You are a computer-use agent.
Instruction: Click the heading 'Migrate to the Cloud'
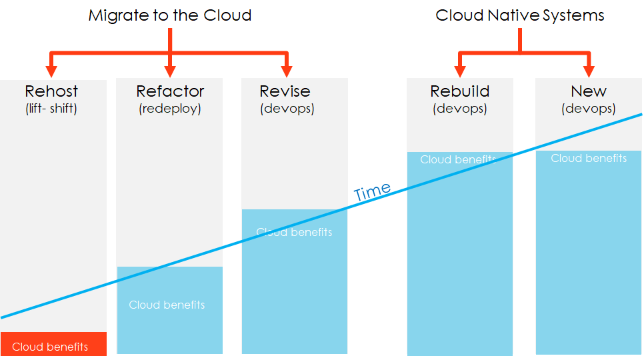[x=169, y=15]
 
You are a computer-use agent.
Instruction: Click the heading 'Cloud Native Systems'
[x=519, y=15]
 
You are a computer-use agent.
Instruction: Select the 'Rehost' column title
[x=51, y=91]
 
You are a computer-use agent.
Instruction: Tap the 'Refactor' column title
[x=170, y=91]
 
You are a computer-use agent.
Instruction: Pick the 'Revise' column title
[x=285, y=91]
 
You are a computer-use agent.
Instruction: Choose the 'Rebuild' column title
[x=459, y=91]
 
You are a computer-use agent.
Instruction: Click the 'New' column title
[x=589, y=91]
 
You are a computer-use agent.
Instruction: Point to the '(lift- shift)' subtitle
[x=51, y=108]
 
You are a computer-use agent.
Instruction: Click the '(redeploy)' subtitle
[x=170, y=109]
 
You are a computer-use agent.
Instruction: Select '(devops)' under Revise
[x=287, y=109]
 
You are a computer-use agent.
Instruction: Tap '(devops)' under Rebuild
[x=459, y=109]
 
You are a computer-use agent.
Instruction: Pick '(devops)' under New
[x=589, y=109]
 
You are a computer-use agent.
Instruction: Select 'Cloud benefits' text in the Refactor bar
[x=167, y=305]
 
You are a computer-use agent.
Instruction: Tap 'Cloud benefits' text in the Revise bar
[x=294, y=232]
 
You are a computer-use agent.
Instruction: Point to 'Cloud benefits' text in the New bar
[x=589, y=158]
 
